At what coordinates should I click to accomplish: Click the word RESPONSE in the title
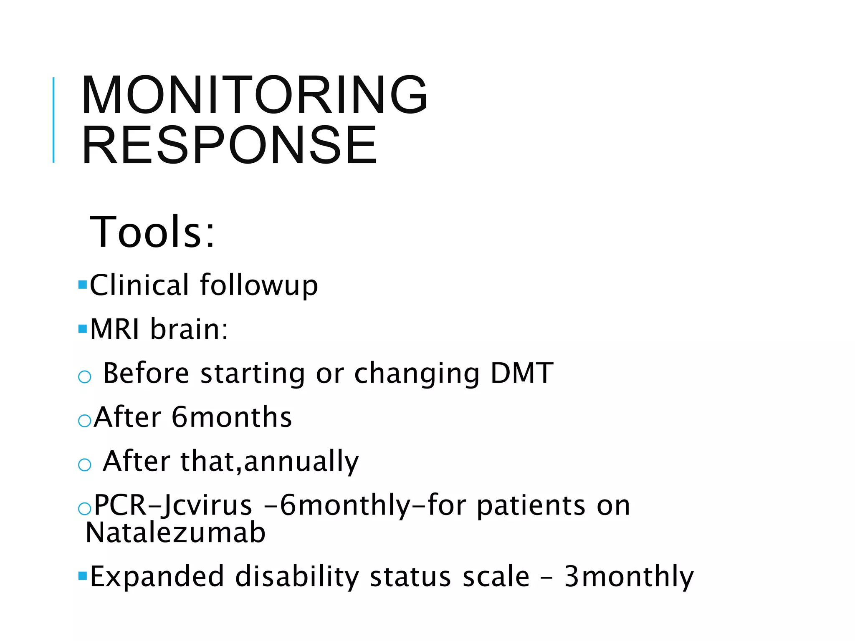tap(230, 145)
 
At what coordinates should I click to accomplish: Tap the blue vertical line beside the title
tap(53, 120)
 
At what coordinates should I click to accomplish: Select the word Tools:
tap(153, 232)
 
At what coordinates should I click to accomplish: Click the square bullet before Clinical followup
tap(82, 285)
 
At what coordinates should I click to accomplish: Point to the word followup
tap(259, 286)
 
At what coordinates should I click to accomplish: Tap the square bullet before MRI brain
tap(82, 329)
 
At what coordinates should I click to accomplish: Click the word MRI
tap(115, 329)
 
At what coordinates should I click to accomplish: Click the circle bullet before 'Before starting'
tap(85, 377)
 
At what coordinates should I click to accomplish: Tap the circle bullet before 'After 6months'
tap(85, 421)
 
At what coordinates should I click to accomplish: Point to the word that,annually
tap(270, 462)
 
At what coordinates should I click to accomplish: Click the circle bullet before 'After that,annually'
tap(85, 464)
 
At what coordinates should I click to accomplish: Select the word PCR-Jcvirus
tap(173, 505)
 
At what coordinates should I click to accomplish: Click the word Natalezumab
tap(175, 533)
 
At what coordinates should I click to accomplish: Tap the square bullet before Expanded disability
tap(82, 576)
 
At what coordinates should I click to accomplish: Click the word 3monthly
tap(629, 577)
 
